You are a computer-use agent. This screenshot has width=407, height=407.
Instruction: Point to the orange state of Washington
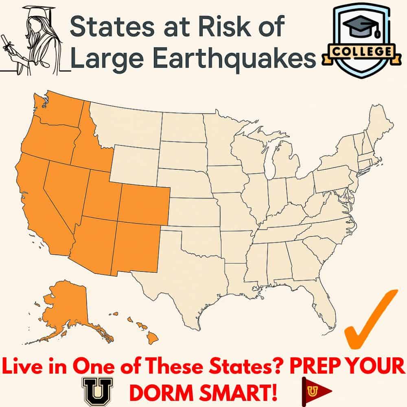point(61,108)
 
